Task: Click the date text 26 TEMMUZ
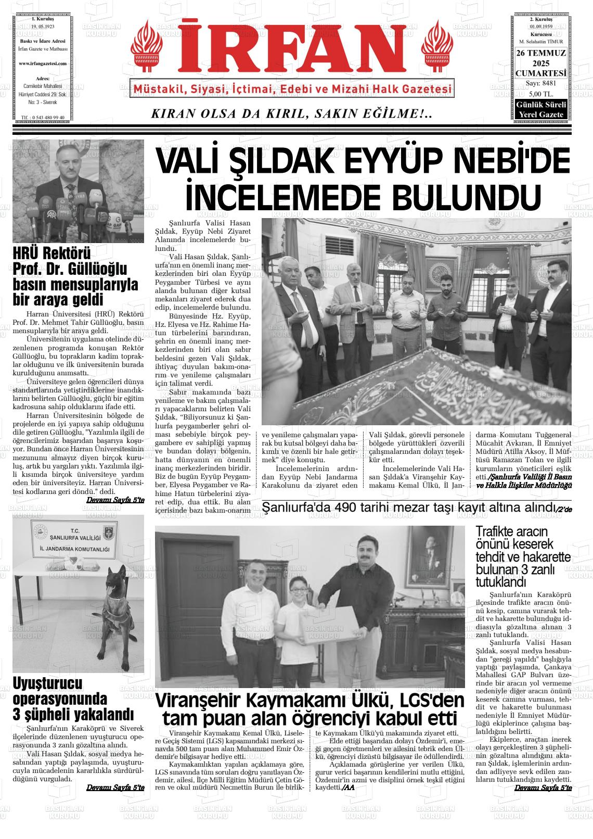point(541,54)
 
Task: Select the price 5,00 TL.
point(540,94)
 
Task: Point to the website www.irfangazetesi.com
point(43,63)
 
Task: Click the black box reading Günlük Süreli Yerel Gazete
point(541,110)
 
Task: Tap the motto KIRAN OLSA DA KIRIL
point(291,113)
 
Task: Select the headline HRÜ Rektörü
point(52,254)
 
